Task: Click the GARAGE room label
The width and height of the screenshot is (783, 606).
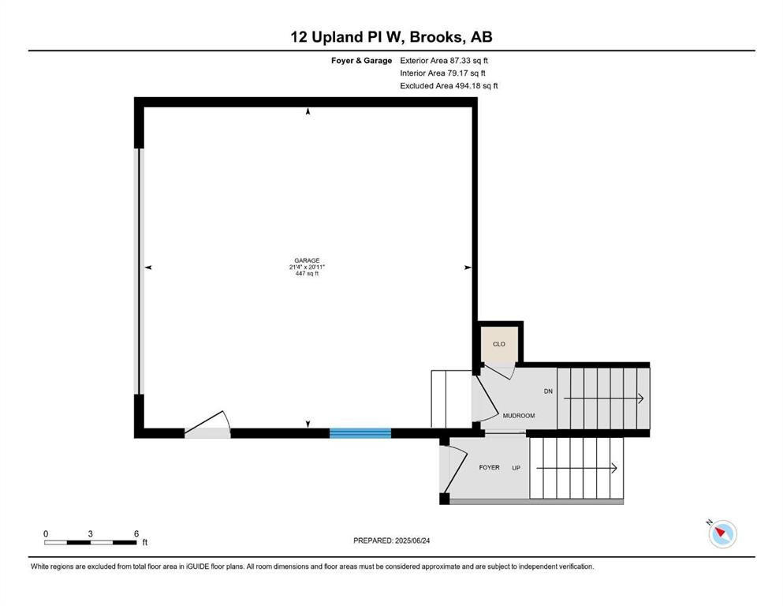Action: tap(307, 260)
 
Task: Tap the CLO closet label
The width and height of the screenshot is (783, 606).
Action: tap(499, 344)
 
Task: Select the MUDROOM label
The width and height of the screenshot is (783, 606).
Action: tap(519, 416)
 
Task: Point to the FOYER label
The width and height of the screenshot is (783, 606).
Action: tap(489, 468)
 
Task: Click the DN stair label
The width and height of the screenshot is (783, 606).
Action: tap(548, 391)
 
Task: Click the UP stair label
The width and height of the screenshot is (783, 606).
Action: tap(516, 468)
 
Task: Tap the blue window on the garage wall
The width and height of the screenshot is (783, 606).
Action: tap(360, 433)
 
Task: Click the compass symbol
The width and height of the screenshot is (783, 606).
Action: tap(722, 533)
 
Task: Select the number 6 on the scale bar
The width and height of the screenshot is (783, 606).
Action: tap(136, 533)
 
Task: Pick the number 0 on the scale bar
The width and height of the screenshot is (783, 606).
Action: tap(46, 533)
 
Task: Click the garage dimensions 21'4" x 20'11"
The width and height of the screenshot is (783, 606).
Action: tap(307, 267)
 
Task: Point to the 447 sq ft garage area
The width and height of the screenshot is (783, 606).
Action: tap(307, 274)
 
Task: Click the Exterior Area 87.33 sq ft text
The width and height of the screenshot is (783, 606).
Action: tap(444, 61)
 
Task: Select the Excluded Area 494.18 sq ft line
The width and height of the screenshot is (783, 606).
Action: tap(449, 85)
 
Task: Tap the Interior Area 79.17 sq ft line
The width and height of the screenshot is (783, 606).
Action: tap(442, 73)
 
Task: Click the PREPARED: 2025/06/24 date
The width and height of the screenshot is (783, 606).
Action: tap(391, 541)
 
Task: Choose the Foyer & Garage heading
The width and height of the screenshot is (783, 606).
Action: tap(362, 61)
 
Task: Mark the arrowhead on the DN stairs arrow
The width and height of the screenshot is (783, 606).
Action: tap(641, 398)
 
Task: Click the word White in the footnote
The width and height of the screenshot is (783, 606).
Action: tap(40, 567)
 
